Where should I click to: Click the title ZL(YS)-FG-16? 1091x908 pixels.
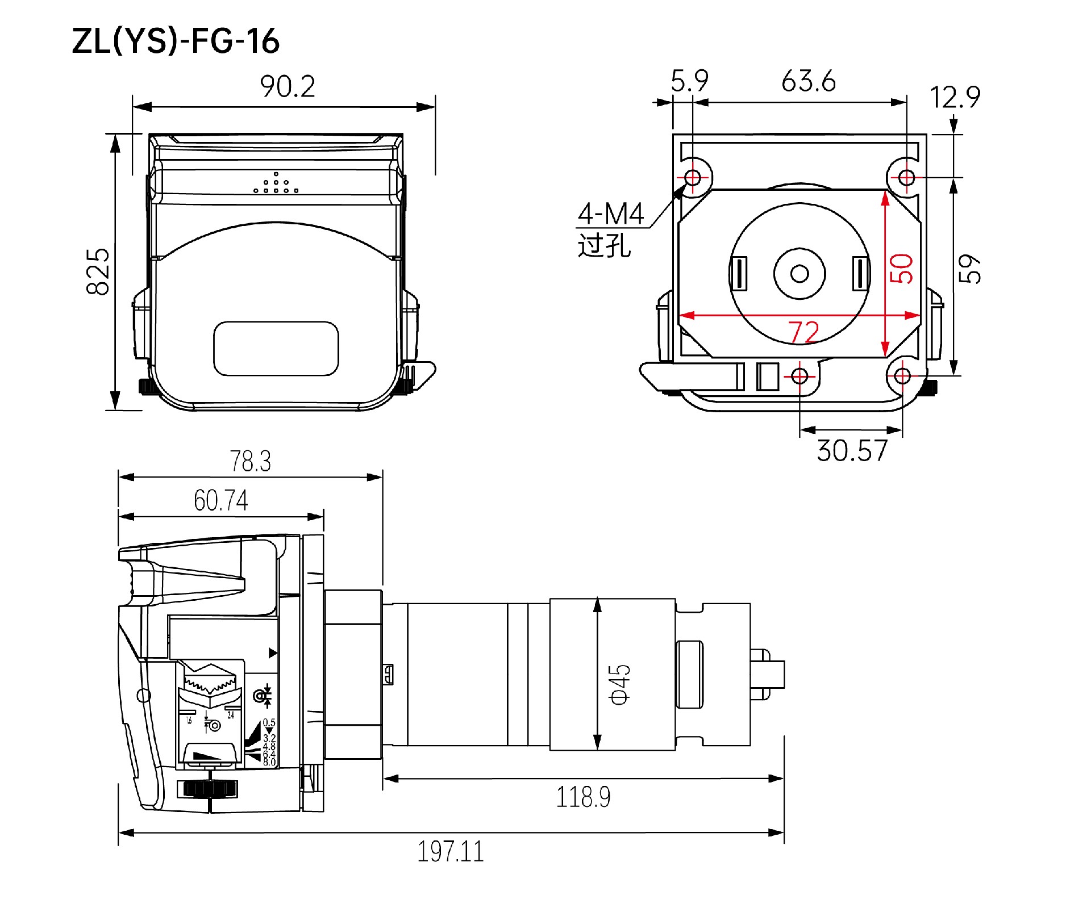pos(176,41)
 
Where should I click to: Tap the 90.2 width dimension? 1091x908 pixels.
pos(288,86)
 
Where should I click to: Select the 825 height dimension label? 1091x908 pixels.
pos(98,271)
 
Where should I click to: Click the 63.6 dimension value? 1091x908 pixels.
pos(808,82)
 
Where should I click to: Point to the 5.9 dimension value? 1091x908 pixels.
pos(689,82)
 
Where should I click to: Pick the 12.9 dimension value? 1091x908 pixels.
pos(955,97)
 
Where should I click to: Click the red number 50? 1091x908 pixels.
pos(902,268)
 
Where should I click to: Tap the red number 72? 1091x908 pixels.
pos(803,332)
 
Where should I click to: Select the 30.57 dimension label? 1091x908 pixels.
pos(851,451)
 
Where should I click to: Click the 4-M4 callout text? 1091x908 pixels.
pos(611,215)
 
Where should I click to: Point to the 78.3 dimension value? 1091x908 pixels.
pos(250,461)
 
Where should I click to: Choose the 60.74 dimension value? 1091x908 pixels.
pos(220,501)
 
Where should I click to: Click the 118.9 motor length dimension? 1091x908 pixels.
pos(583,797)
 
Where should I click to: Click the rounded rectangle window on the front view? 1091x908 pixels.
pos(276,348)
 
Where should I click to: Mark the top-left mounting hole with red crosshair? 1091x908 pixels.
pos(692,178)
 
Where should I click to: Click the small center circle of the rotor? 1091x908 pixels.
pos(799,274)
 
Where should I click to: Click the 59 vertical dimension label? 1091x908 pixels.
pos(969,269)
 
